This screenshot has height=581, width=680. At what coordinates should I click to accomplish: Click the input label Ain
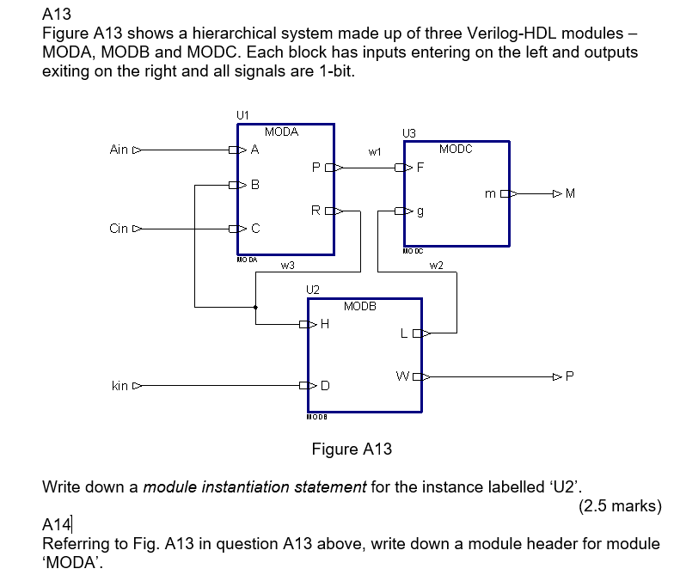(119, 150)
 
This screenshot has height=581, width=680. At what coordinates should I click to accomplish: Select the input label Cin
(119, 229)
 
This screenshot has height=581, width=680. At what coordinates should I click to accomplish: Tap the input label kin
(119, 386)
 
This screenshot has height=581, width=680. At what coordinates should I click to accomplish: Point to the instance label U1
(242, 114)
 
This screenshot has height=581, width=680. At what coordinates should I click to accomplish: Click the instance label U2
(313, 290)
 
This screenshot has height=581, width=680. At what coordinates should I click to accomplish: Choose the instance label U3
(409, 132)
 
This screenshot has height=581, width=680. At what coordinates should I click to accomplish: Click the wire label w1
(374, 151)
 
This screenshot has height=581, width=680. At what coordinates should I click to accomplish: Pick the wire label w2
(436, 266)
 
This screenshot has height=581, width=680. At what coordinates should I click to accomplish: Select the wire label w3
(287, 266)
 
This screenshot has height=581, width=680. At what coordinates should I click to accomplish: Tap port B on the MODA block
(254, 185)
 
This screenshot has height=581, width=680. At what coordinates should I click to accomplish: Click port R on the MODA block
(316, 210)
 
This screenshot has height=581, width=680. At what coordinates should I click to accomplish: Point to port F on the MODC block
(420, 168)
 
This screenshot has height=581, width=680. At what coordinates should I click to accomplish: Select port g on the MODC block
(420, 211)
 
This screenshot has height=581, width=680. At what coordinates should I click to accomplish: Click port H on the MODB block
(324, 324)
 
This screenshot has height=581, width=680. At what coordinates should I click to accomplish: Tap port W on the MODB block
(402, 376)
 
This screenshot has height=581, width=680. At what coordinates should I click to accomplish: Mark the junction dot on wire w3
(255, 306)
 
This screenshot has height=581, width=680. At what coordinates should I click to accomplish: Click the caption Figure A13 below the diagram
(351, 449)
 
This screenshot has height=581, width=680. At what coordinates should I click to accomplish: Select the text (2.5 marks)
(620, 505)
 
